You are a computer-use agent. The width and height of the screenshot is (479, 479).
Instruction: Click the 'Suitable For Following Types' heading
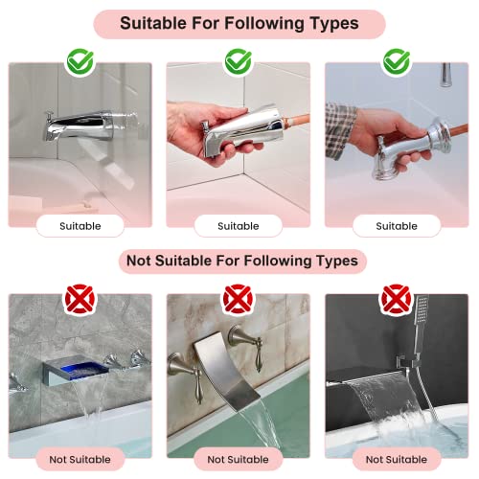tap(239, 24)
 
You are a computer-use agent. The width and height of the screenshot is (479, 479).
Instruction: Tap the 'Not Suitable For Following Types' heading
tap(242, 261)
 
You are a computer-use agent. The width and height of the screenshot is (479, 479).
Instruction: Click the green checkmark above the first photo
tap(80, 61)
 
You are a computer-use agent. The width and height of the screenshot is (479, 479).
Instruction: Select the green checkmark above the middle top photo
tap(239, 61)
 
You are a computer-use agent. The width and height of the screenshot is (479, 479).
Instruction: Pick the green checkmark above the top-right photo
tap(397, 61)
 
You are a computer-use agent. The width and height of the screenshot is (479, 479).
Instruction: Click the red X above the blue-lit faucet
tap(80, 299)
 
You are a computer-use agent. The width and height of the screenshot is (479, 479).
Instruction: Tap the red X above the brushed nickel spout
tap(238, 299)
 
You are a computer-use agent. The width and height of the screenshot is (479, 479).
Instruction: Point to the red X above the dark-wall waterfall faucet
tap(397, 299)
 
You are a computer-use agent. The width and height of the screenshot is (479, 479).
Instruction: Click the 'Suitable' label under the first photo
tap(80, 226)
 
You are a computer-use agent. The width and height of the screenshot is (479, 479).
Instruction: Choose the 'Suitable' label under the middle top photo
tap(239, 226)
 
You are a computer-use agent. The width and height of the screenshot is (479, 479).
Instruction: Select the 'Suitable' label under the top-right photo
tap(397, 226)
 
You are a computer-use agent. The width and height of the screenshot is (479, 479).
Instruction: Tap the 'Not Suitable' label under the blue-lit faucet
tap(80, 460)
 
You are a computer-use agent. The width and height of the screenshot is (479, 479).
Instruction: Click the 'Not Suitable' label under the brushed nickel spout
tap(238, 460)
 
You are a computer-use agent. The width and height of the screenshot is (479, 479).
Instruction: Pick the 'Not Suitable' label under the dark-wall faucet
tap(397, 460)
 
